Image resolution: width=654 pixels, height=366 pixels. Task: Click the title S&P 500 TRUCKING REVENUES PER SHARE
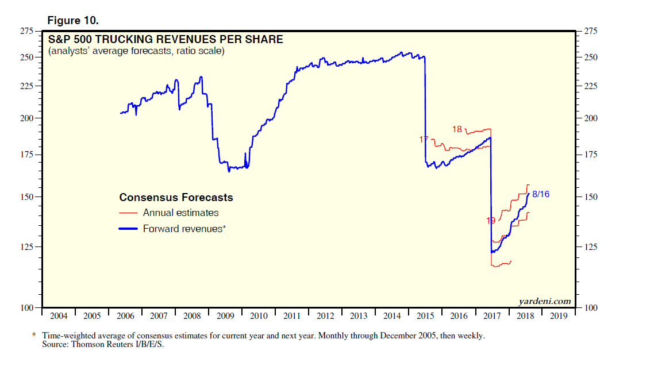(166, 40)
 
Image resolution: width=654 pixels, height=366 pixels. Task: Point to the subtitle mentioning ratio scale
(136, 51)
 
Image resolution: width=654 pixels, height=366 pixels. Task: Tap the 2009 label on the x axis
(225, 316)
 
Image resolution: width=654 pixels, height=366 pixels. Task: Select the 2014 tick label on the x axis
(392, 316)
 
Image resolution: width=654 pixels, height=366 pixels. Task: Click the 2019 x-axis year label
(559, 316)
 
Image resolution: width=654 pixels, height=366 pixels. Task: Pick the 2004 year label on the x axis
(59, 316)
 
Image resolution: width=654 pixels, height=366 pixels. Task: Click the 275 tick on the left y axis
(27, 31)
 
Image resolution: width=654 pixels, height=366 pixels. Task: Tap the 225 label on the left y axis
(27, 86)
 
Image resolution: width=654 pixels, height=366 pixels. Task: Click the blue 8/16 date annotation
(541, 194)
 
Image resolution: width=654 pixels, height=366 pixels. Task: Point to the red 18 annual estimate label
(457, 129)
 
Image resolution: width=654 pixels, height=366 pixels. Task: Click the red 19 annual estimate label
(491, 220)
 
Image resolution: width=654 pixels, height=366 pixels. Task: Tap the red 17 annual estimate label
(424, 140)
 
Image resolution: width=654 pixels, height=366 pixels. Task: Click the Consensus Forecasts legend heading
(176, 198)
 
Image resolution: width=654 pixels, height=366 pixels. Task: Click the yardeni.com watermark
(544, 301)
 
